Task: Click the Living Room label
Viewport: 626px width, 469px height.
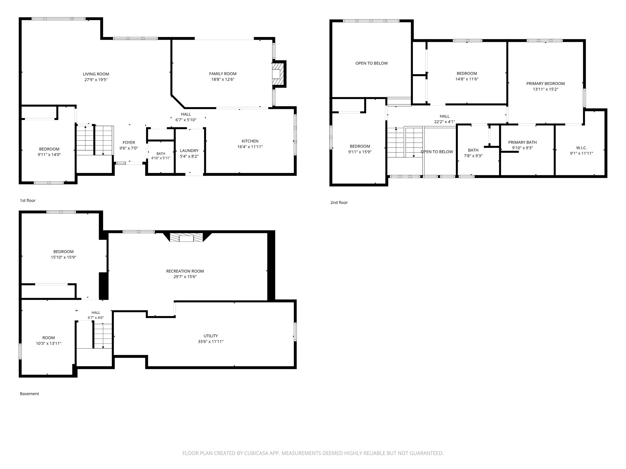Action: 96,74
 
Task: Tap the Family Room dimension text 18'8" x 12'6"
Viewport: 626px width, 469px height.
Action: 223,80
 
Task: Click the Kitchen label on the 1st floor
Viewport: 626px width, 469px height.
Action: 250,141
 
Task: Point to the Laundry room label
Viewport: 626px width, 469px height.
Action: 189,151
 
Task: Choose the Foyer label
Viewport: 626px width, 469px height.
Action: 129,143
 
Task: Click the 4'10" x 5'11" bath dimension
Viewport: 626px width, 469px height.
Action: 161,158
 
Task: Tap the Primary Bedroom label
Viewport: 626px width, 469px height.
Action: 546,84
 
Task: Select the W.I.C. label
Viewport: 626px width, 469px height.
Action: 581,148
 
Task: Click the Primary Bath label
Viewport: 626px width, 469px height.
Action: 522,143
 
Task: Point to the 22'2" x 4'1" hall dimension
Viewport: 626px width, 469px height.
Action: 445,122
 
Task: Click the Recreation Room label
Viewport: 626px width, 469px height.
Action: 185,271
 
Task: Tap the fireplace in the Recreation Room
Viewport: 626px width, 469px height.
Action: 186,238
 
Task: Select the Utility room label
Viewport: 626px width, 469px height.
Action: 211,336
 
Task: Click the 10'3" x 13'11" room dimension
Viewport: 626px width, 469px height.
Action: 49,344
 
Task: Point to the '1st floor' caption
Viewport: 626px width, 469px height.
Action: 28,201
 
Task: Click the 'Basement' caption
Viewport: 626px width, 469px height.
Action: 29,394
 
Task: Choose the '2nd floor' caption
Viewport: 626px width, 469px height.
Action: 339,203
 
